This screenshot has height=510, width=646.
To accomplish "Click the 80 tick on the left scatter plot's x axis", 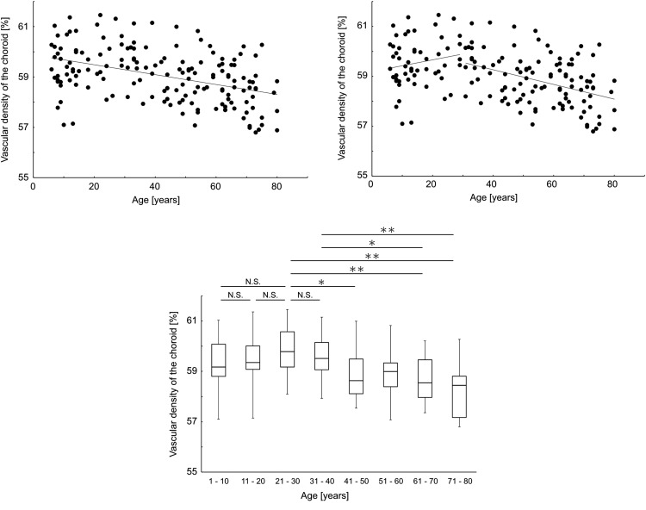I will [276, 185].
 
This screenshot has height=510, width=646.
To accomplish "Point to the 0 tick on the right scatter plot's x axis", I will [370, 185].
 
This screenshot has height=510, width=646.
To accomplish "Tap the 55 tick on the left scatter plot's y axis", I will [22, 175].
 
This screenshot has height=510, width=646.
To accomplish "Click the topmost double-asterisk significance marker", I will [387, 230].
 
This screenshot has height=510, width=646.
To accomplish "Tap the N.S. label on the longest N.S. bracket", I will [252, 282].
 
